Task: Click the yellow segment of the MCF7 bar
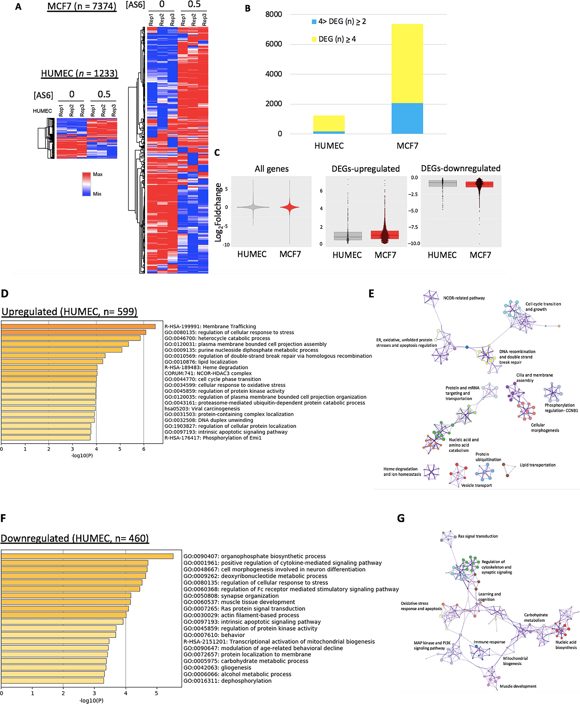[407, 64]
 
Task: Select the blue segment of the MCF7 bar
[407, 118]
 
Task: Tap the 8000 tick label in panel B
[273, 14]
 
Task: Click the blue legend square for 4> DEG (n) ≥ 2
[314, 22]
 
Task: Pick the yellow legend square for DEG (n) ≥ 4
[314, 39]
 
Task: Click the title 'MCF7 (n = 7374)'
[82, 6]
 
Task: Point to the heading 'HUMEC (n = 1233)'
[79, 73]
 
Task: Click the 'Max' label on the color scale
[98, 174]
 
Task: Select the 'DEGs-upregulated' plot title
[366, 169]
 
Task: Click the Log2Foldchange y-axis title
[218, 212]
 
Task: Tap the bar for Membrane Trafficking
[78, 327]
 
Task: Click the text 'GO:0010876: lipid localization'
[201, 362]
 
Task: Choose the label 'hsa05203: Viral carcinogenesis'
[202, 409]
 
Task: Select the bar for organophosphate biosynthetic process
[87, 556]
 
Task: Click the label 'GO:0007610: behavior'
[214, 635]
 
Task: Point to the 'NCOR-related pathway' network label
[464, 298]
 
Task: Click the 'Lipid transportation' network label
[537, 465]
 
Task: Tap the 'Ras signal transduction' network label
[477, 536]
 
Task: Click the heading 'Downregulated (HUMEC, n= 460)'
[75, 539]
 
